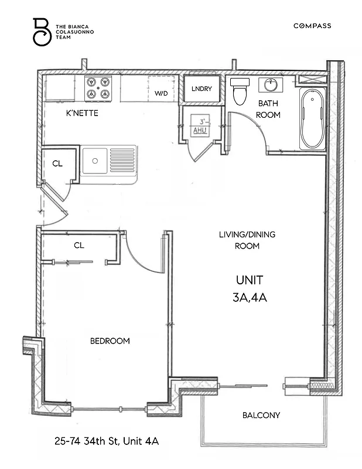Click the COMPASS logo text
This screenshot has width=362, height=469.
click(x=312, y=26)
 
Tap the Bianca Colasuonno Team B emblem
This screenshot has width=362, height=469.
click(x=41, y=32)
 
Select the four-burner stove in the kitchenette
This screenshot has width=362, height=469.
click(x=98, y=88)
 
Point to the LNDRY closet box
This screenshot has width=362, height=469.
click(x=202, y=90)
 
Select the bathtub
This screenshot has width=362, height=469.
click(x=312, y=119)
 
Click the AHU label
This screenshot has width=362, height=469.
click(x=200, y=131)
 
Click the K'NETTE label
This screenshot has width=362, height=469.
click(x=82, y=113)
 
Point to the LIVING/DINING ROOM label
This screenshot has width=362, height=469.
click(x=247, y=240)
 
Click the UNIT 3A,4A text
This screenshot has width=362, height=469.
click(x=250, y=288)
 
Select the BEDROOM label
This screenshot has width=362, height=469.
click(x=110, y=341)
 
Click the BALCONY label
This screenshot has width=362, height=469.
click(x=261, y=416)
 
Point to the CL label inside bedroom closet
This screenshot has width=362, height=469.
click(x=79, y=246)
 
